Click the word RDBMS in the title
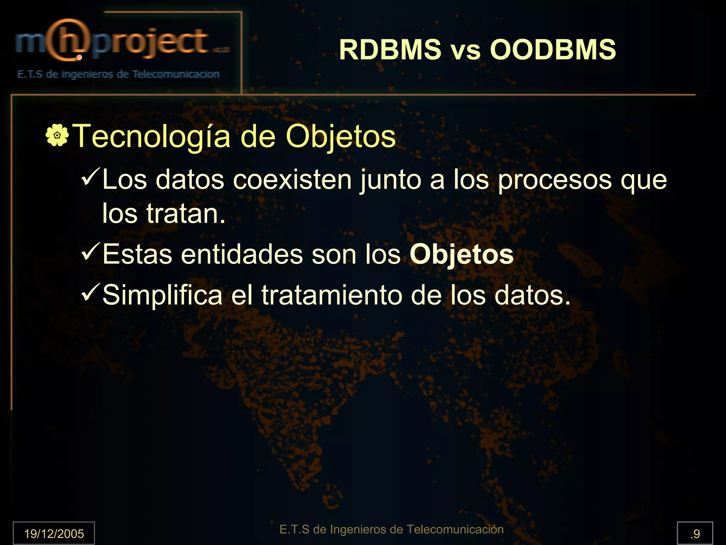tap(390, 50)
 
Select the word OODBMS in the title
tap(553, 50)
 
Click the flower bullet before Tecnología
tap(57, 135)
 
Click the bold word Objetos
tap(462, 255)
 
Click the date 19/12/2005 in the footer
tap(54, 534)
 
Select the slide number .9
tap(695, 534)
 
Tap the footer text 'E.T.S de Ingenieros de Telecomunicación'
tap(391, 529)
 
